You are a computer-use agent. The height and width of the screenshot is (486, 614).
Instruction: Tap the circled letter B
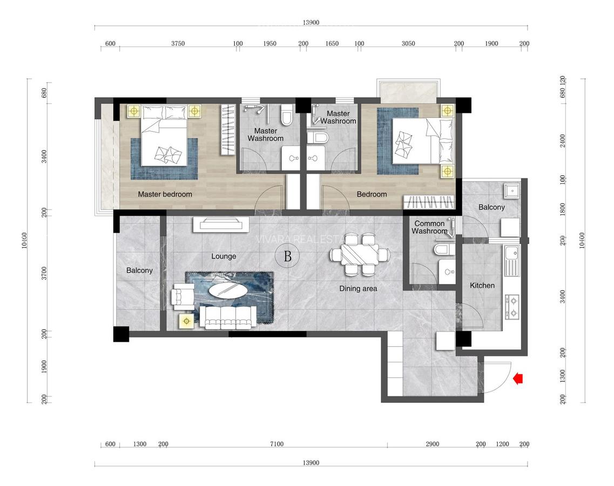click(288, 257)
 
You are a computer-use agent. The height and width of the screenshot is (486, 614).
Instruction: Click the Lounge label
click(224, 256)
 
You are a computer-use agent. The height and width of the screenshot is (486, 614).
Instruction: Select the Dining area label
click(358, 289)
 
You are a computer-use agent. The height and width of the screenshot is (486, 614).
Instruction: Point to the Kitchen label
click(482, 285)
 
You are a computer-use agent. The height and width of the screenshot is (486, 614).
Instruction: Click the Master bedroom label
click(165, 194)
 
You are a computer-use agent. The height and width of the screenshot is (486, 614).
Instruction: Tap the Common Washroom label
click(430, 227)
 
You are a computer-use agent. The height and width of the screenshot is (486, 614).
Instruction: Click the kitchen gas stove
click(511, 306)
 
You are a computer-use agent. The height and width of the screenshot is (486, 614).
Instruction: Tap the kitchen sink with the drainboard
click(511, 259)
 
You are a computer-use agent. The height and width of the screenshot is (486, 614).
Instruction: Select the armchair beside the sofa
click(181, 297)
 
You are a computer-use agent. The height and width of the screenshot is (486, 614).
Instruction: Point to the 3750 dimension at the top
click(178, 44)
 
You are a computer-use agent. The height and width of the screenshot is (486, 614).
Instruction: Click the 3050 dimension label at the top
click(408, 44)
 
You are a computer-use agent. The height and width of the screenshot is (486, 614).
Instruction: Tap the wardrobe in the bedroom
click(429, 202)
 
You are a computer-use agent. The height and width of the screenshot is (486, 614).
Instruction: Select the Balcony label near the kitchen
click(491, 207)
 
